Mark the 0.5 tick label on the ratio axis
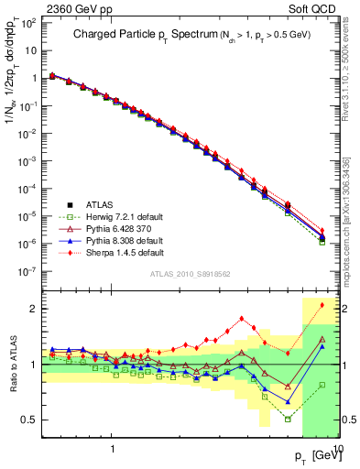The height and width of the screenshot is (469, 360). coord(29,420)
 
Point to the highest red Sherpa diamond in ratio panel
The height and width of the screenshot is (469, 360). coord(322,305)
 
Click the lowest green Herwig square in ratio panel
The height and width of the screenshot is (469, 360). coord(288,419)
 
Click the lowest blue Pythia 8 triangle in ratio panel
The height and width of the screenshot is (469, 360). coord(288,401)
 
